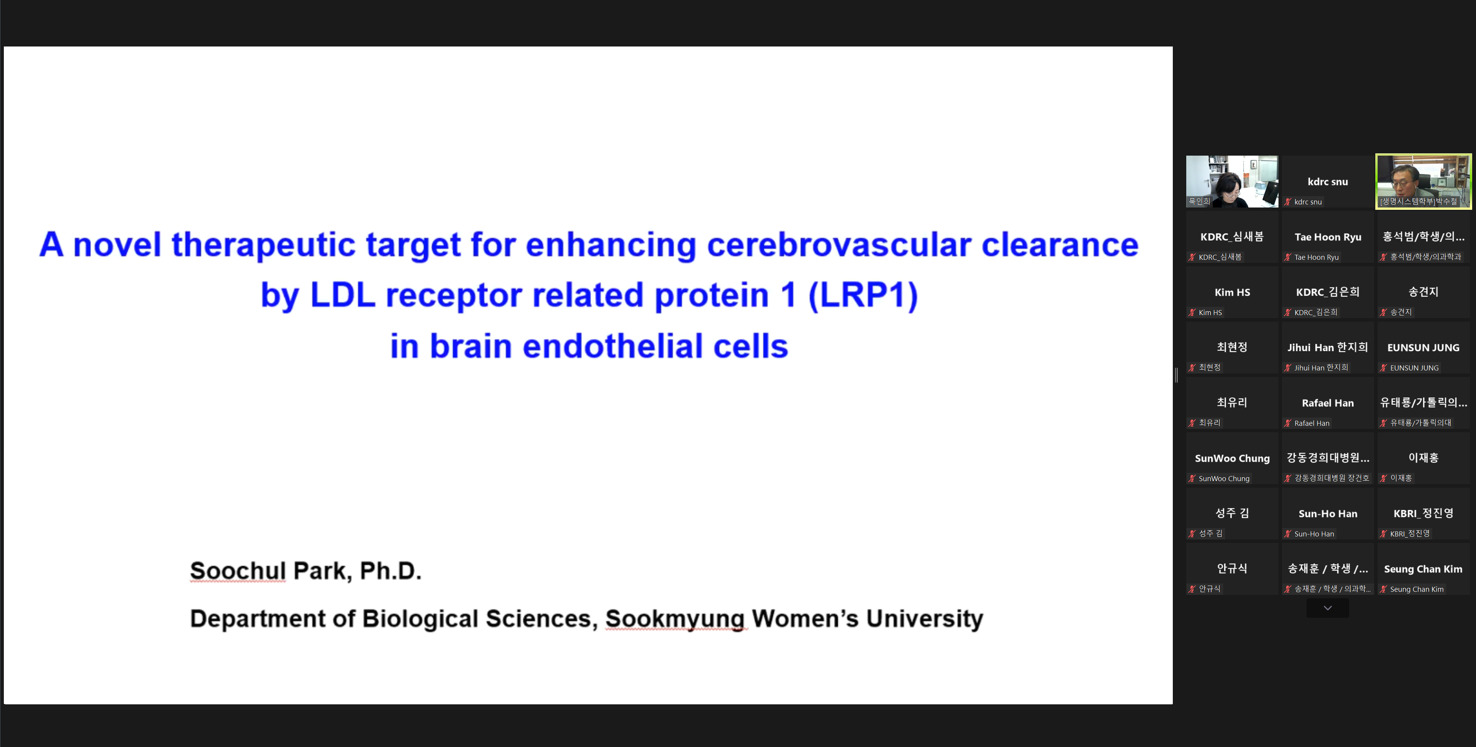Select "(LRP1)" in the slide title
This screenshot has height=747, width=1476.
pyautogui.click(x=863, y=295)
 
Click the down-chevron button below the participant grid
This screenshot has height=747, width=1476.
pyautogui.click(x=1327, y=608)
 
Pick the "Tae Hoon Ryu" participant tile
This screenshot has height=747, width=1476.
pyautogui.click(x=1328, y=237)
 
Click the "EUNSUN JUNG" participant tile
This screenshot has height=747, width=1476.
pyautogui.click(x=1423, y=348)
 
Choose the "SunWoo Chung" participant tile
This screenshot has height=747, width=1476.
pyautogui.click(x=1232, y=458)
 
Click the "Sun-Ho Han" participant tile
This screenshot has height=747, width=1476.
pyautogui.click(x=1328, y=514)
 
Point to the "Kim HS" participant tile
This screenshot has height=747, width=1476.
pyautogui.click(x=1232, y=292)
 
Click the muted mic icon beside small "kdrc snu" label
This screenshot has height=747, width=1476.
pyautogui.click(x=1287, y=202)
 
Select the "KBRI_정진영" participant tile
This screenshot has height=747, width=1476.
pyautogui.click(x=1423, y=514)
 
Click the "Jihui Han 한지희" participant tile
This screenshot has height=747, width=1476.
pyautogui.click(x=1328, y=348)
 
